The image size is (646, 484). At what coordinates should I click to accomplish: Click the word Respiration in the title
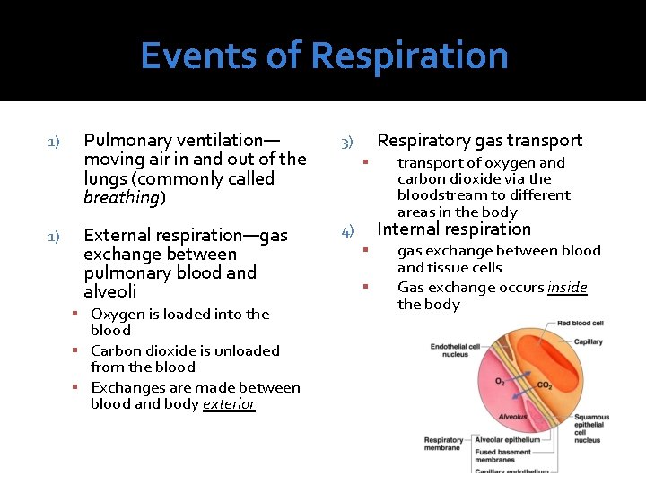[x=409, y=56]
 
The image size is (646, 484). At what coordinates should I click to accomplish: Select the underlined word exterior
[x=229, y=404]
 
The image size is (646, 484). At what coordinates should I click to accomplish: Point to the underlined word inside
[x=567, y=288]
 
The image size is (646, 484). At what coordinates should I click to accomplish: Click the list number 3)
[x=347, y=143]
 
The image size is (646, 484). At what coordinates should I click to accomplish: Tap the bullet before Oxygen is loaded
[x=80, y=315]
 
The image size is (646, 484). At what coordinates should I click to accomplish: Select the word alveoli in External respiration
[x=109, y=292]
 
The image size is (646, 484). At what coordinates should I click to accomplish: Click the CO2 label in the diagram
[x=545, y=385]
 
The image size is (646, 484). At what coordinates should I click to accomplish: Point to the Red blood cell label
[x=580, y=323]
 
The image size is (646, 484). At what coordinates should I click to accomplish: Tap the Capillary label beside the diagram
[x=589, y=341]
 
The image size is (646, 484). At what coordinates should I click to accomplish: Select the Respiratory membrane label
[x=443, y=445]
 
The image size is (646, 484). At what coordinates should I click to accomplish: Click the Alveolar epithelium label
[x=508, y=440]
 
